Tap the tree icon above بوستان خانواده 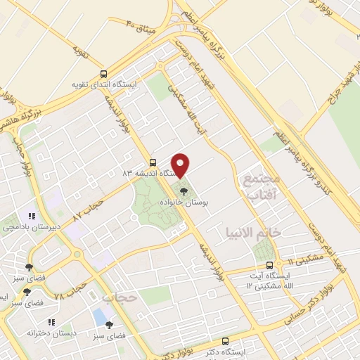184,190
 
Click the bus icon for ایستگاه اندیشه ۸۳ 153,161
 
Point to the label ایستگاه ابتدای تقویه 104,84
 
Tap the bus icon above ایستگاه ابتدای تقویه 104,73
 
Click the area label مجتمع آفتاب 261,186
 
